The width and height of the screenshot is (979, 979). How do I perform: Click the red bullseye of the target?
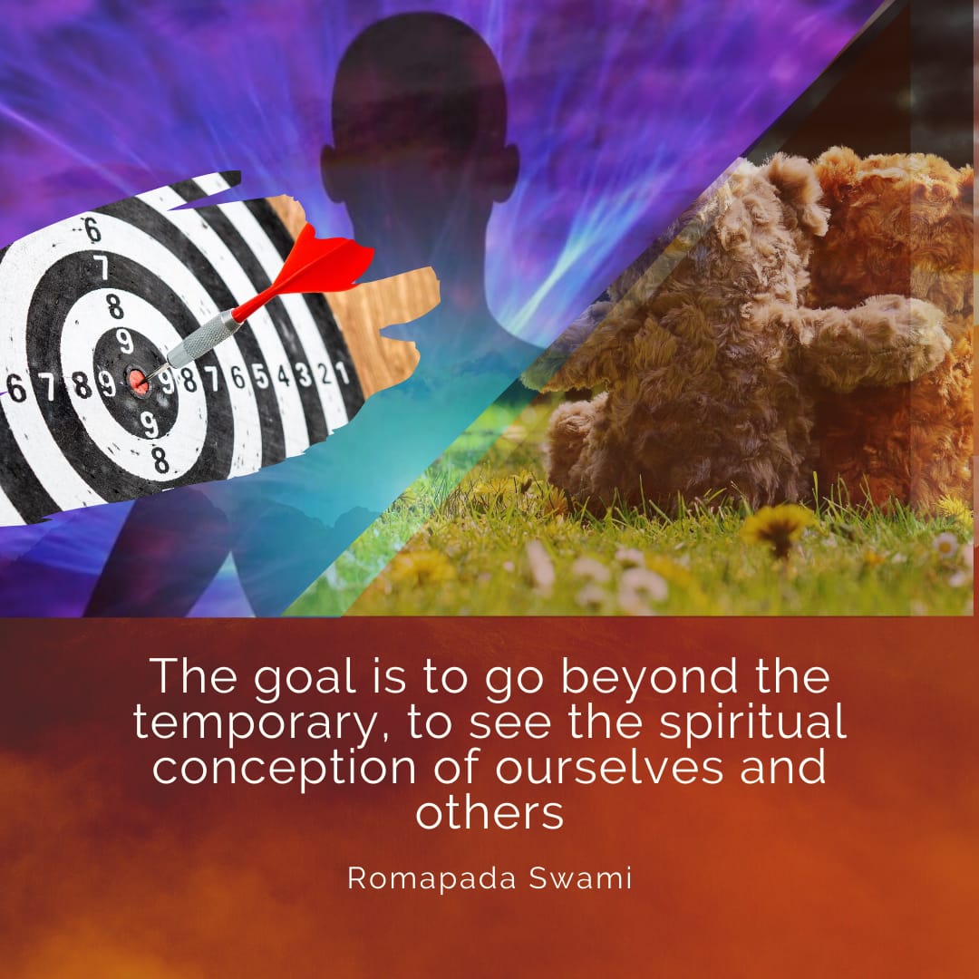pyautogui.click(x=138, y=382)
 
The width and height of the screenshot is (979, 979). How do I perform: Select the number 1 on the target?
pyautogui.click(x=342, y=373)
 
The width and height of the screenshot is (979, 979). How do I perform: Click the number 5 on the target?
pyautogui.click(x=260, y=376)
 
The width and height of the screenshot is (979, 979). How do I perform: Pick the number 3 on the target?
pyautogui.click(x=304, y=374)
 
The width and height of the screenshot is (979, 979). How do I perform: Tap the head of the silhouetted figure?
pyautogui.click(x=419, y=106)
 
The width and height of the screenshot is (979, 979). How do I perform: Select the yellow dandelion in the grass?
pyautogui.click(x=778, y=527)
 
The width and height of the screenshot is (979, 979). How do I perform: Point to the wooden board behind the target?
pyautogui.click(x=374, y=312)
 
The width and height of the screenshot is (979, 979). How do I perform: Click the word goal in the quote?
pyautogui.click(x=304, y=678)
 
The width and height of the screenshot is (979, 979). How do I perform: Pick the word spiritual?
pyautogui.click(x=753, y=722)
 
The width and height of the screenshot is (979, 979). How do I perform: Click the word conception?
pyautogui.click(x=284, y=767)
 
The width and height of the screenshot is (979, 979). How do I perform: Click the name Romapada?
pyautogui.click(x=432, y=878)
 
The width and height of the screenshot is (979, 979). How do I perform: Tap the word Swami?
pyautogui.click(x=581, y=877)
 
